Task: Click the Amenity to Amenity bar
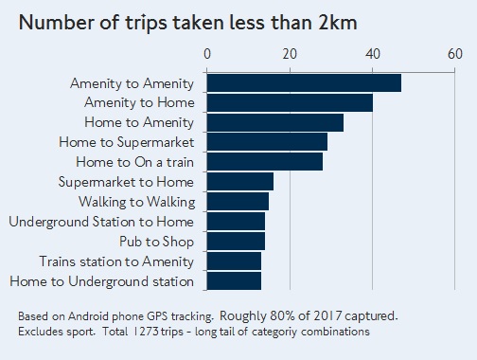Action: (x=304, y=83)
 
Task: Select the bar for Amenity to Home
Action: (x=290, y=103)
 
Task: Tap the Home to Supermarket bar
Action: (x=267, y=142)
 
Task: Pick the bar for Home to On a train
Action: (x=265, y=162)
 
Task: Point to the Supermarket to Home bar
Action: (x=240, y=182)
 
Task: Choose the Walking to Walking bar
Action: (x=238, y=202)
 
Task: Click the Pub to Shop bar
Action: (x=236, y=242)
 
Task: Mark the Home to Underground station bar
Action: (x=234, y=280)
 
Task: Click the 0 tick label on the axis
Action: (x=207, y=54)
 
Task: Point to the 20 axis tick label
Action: (x=290, y=54)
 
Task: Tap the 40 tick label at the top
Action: (x=373, y=54)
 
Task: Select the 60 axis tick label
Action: (x=455, y=54)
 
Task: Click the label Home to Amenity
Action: (x=139, y=122)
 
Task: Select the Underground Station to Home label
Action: (x=101, y=222)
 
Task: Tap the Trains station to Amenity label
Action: (x=116, y=261)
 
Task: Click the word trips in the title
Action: (x=146, y=23)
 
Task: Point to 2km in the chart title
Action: (x=338, y=23)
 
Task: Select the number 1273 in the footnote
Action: (x=146, y=332)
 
